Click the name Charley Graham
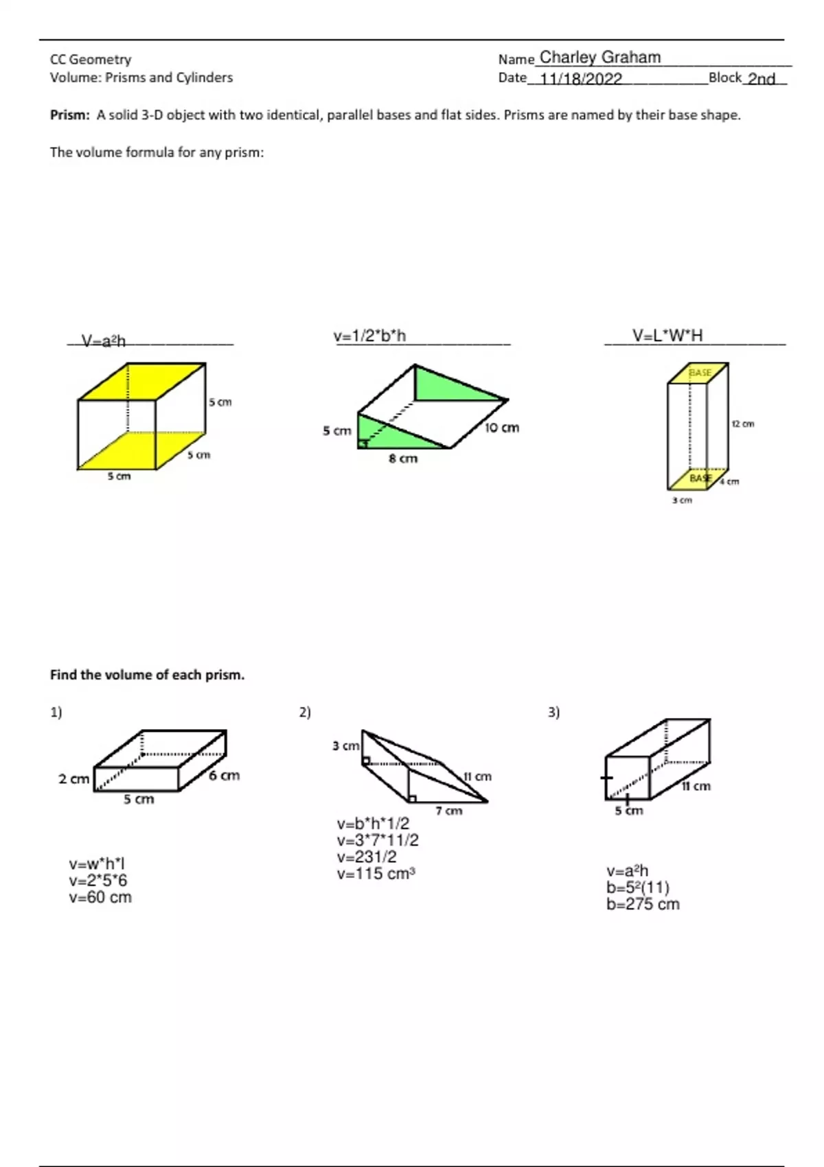tap(599, 58)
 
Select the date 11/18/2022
tap(581, 79)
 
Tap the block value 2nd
tap(761, 79)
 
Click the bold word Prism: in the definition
tap(69, 115)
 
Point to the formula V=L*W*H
tap(667, 336)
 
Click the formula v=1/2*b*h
tap(369, 336)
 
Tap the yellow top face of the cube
tap(143, 381)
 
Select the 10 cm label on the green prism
tap(501, 428)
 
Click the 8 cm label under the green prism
tap(403, 459)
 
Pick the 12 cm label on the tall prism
tap(742, 424)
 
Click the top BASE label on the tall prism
tap(700, 373)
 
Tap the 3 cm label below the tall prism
tap(682, 500)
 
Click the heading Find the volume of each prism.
tap(147, 675)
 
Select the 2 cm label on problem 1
tap(73, 779)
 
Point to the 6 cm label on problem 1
tap(224, 776)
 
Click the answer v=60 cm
tap(100, 897)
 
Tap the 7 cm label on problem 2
tap(449, 811)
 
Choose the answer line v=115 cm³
tap(376, 874)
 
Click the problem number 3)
tap(553, 713)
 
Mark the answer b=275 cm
tap(643, 904)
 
